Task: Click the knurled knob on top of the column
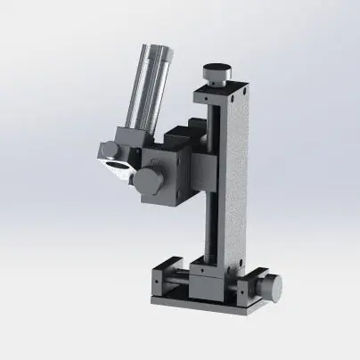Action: point(214,70)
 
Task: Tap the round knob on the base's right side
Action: point(271,287)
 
